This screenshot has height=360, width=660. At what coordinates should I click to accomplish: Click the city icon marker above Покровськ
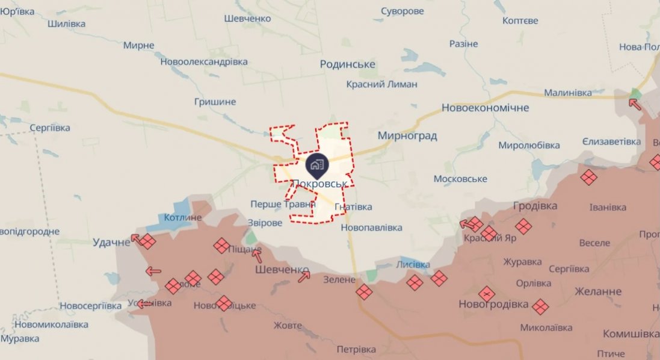point(316,163)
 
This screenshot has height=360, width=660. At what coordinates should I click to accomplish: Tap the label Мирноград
point(407,135)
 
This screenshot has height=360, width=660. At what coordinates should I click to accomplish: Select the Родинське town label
point(348,64)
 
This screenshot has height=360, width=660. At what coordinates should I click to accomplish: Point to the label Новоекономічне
point(485,108)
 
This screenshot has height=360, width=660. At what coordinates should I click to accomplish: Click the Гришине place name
point(215,102)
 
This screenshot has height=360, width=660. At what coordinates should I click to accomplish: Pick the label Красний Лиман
point(381,84)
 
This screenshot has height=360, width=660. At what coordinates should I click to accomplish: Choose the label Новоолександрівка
point(205,62)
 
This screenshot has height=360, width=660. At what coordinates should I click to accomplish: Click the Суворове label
point(402,11)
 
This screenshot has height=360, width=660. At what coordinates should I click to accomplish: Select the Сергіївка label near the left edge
point(50,128)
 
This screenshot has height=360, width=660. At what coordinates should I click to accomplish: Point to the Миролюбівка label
point(529,145)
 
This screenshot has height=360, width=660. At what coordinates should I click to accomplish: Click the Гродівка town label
point(535,206)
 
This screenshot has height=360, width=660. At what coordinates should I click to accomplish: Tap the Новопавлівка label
point(371,228)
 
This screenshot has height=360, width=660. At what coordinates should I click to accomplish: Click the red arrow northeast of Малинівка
point(635,104)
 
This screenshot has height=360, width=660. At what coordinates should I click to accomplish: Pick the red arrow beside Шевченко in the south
point(304,276)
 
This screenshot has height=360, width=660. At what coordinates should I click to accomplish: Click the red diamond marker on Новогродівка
point(486,294)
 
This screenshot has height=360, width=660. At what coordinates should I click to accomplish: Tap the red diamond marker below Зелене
point(363,292)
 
